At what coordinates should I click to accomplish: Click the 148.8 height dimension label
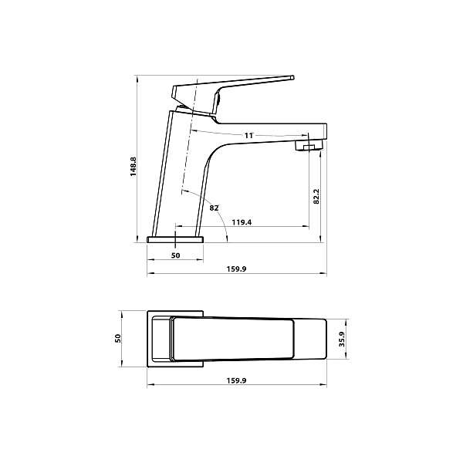pyautogui.click(x=133, y=167)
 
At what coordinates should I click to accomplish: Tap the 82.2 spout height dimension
pyautogui.click(x=316, y=196)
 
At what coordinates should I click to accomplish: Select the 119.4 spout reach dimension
pyautogui.click(x=242, y=222)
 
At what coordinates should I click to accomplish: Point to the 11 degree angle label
pyautogui.click(x=248, y=136)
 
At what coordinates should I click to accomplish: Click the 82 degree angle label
pyautogui.click(x=214, y=208)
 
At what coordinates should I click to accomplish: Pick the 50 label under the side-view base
pyautogui.click(x=175, y=255)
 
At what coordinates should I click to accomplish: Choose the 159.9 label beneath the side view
pyautogui.click(x=236, y=269)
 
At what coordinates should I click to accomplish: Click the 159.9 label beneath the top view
pyautogui.click(x=236, y=380)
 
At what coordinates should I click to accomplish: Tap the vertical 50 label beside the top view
pyautogui.click(x=118, y=339)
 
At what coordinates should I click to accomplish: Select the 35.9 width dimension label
pyautogui.click(x=342, y=340)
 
